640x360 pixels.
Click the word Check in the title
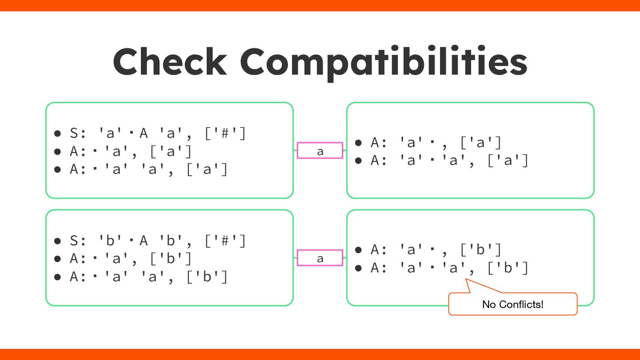tap(170, 62)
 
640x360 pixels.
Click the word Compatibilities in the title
tap(384, 62)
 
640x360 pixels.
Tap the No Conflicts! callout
tap(512, 304)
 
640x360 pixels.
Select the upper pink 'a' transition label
tap(320, 151)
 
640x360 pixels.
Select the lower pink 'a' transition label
tap(320, 258)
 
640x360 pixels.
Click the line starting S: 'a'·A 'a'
tap(158, 133)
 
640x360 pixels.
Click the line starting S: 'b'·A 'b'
tap(158, 241)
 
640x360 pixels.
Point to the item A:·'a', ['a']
tap(131, 152)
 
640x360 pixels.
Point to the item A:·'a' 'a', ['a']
tap(149, 169)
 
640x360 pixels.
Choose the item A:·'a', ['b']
tap(131, 259)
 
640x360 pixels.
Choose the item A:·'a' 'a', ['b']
tap(149, 277)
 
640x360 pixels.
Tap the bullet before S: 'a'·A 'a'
tap(57, 134)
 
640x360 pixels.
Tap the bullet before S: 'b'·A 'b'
tap(57, 241)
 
